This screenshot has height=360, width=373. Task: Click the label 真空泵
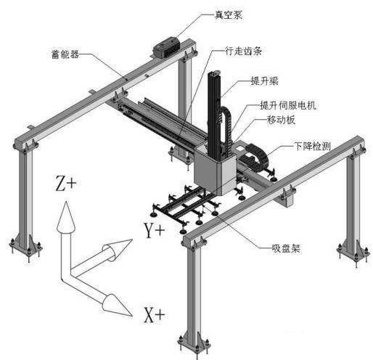229,15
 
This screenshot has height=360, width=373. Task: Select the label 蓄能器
65,54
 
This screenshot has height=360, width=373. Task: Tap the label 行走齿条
243,51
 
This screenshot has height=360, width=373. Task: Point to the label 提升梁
265,81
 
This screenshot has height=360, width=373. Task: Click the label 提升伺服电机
288,105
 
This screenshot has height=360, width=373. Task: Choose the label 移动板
281,120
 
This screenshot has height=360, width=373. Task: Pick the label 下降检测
312,146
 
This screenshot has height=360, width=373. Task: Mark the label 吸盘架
286,248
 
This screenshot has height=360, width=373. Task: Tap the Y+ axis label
155,230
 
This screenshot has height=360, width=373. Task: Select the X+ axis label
155,315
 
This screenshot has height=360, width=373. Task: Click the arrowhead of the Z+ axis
66,217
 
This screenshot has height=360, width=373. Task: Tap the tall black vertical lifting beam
214,115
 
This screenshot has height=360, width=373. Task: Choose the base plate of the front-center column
194,343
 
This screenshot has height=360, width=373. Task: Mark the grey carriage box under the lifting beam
215,171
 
